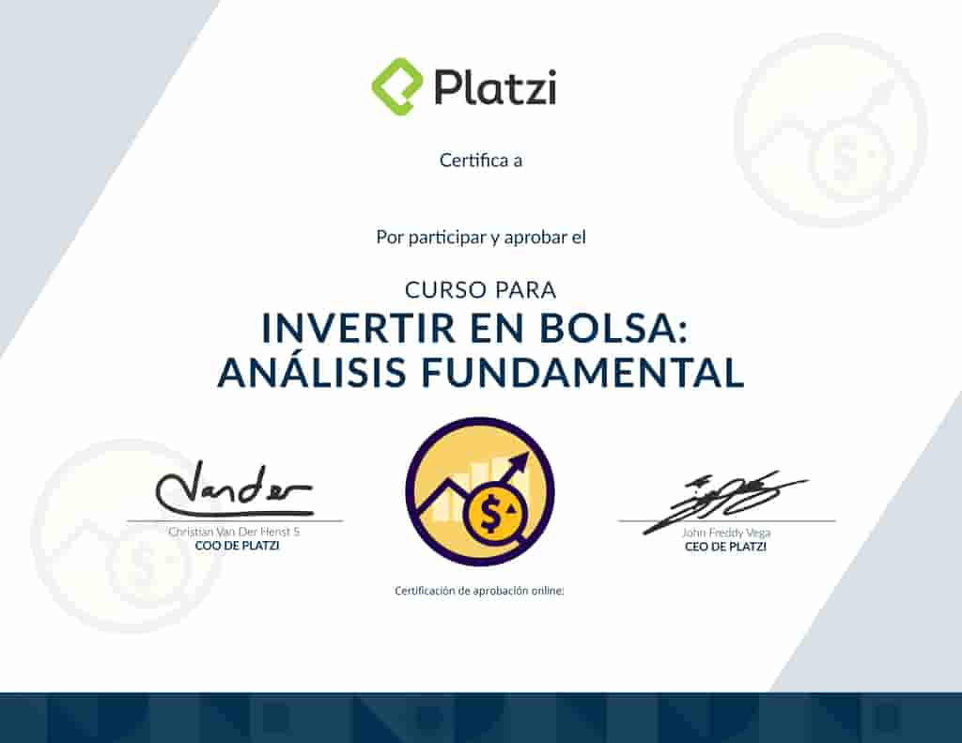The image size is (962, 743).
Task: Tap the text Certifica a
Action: coord(480,161)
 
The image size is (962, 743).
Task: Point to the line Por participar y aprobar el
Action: coord(480,238)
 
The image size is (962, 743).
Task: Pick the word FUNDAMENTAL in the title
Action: coord(582,372)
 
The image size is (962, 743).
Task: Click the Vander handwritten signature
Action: coord(233,488)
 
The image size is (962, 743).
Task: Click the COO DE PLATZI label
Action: coord(237,546)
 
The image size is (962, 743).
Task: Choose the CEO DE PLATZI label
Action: coord(725,546)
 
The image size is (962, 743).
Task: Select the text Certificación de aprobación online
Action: coord(479,591)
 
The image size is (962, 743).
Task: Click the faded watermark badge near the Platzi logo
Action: coord(830,132)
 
